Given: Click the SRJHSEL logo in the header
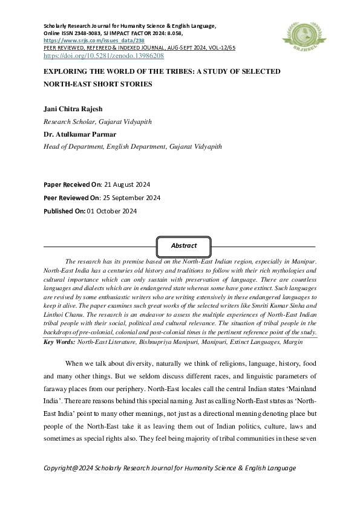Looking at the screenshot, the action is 299,35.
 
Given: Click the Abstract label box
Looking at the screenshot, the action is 183,246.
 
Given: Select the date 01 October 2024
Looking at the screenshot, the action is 112,211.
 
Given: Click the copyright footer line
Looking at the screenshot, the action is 170,468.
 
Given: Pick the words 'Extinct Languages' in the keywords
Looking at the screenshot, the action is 255,342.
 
